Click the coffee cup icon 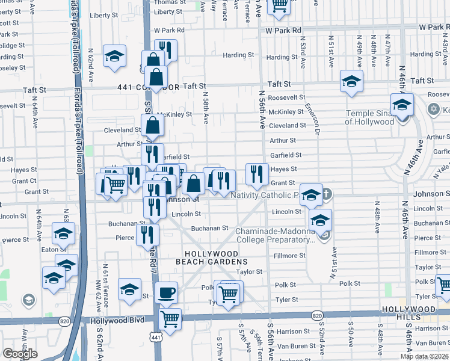166,293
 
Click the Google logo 20,354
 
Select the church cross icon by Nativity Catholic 325,194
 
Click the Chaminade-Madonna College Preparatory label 276,235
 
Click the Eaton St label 53,249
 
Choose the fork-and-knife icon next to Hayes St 258,174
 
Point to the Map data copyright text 425,356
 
